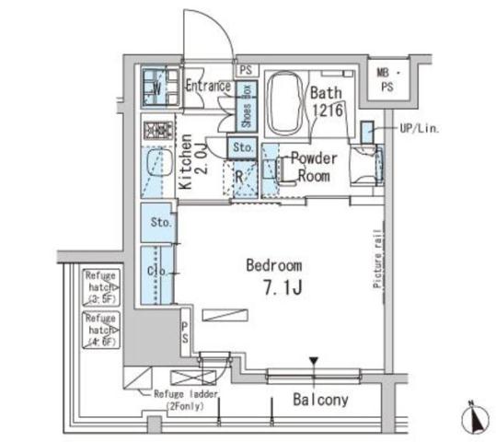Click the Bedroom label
(x=273, y=265)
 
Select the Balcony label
(x=319, y=400)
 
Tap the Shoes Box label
(x=245, y=109)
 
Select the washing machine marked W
(x=156, y=87)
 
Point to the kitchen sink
(x=155, y=167)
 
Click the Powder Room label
(x=314, y=167)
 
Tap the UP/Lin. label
(x=419, y=130)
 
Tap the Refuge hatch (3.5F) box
(x=99, y=286)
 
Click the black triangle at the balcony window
(x=313, y=361)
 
